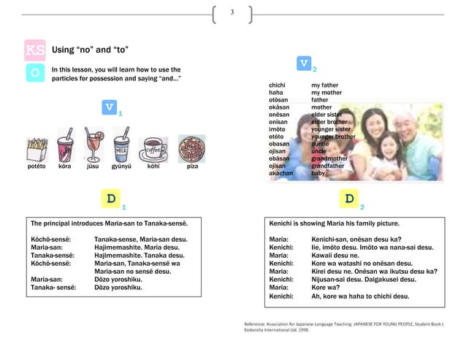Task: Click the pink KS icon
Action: (x=34, y=50)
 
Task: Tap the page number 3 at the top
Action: (x=232, y=13)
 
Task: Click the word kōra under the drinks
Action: (x=65, y=166)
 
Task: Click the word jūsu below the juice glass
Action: (x=92, y=166)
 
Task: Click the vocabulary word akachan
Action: (x=281, y=173)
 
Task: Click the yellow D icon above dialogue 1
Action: (x=110, y=199)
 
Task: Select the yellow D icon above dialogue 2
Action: (x=349, y=199)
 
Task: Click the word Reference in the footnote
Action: (x=258, y=323)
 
